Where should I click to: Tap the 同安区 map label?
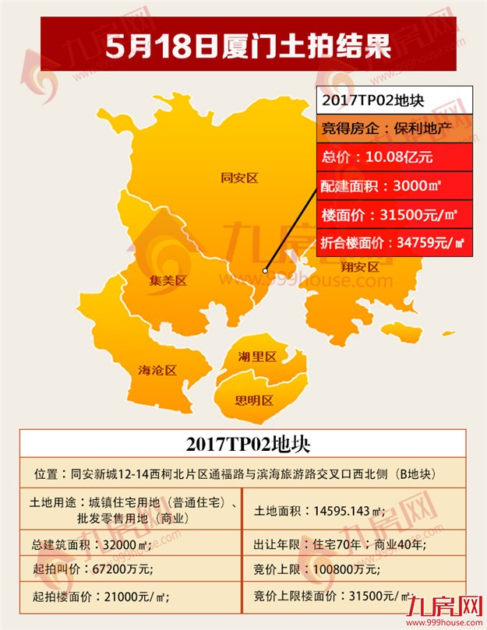pyautogui.click(x=238, y=178)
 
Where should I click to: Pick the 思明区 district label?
pyautogui.click(x=254, y=400)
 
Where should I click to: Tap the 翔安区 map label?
pyautogui.click(x=359, y=266)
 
